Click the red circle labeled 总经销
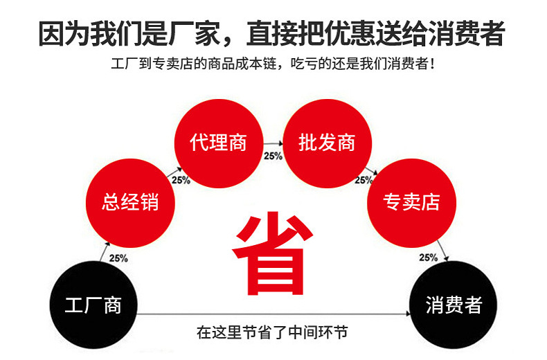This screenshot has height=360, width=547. pyautogui.click(x=130, y=201)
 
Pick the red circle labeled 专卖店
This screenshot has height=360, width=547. pyautogui.click(x=411, y=201)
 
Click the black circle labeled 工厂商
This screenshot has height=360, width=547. pyautogui.click(x=93, y=305)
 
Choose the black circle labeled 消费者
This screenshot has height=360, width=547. pyautogui.click(x=454, y=305)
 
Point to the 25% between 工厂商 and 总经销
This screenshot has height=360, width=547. pyautogui.click(x=118, y=258)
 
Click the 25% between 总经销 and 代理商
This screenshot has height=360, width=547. pyautogui.click(x=181, y=180)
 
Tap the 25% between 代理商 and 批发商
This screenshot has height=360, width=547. pyautogui.click(x=273, y=156)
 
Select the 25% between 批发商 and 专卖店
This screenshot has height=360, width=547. pyautogui.click(x=364, y=180)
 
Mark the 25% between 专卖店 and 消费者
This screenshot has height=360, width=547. pyautogui.click(x=428, y=258)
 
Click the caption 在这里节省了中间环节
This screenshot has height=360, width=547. pyautogui.click(x=271, y=332)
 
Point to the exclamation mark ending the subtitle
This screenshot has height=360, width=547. pyautogui.click(x=433, y=65)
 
